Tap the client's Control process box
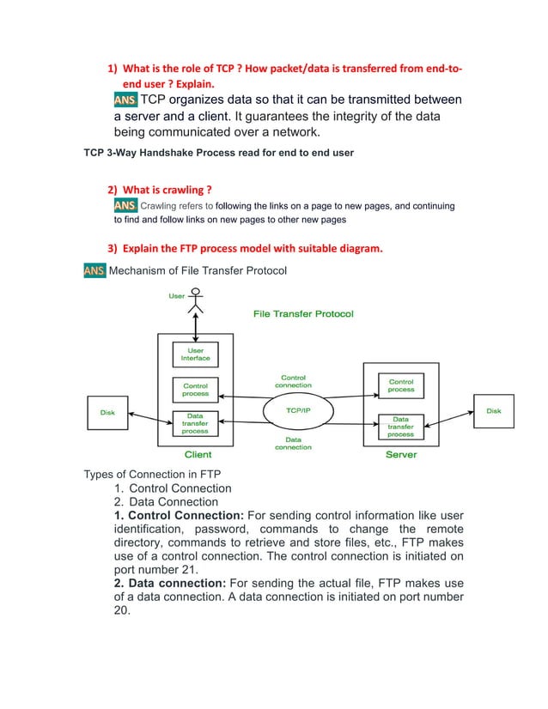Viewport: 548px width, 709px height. click(x=195, y=390)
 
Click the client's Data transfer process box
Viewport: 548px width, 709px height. click(x=195, y=424)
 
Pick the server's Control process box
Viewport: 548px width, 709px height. click(x=401, y=386)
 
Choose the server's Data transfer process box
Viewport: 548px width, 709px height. click(x=401, y=426)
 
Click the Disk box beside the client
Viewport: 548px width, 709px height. click(x=107, y=412)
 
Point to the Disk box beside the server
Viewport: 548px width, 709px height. click(x=493, y=411)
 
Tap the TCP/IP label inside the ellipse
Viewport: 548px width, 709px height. click(x=298, y=410)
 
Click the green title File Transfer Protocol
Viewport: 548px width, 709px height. click(x=302, y=314)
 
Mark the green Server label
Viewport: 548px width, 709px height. click(x=401, y=454)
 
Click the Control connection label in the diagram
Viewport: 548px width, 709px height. click(x=293, y=381)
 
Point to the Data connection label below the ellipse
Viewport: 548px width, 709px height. click(x=293, y=443)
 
